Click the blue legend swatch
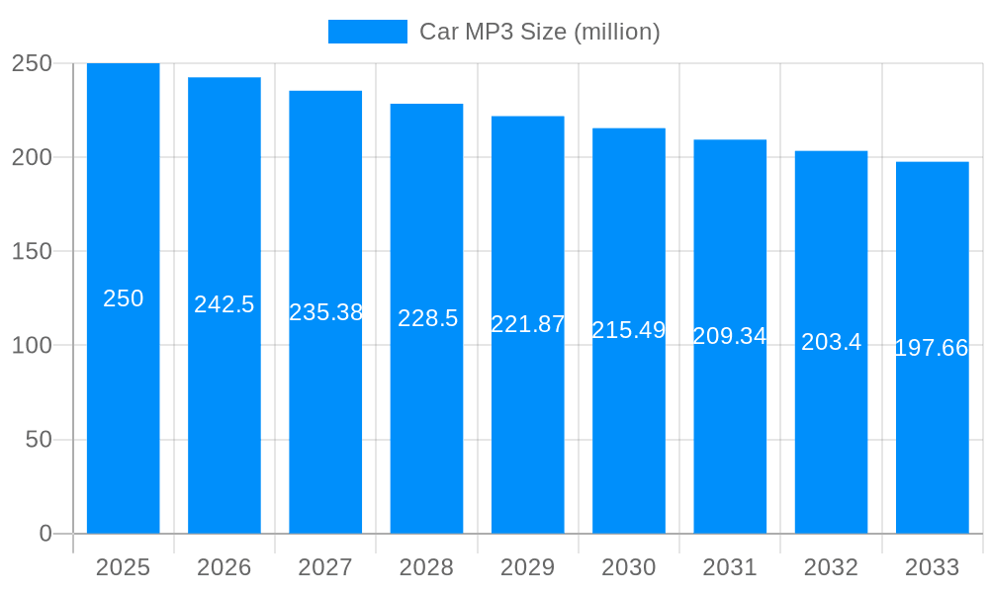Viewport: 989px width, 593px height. point(367,32)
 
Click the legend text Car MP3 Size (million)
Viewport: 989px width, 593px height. point(539,32)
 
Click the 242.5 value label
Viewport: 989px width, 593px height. point(225,304)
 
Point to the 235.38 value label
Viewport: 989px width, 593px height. point(325,312)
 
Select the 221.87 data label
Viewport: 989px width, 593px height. point(528,324)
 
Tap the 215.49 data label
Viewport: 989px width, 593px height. point(629,330)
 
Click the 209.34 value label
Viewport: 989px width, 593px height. point(730,336)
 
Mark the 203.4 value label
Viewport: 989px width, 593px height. point(831,342)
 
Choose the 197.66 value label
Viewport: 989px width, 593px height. point(932,348)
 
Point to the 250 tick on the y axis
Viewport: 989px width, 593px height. point(32,63)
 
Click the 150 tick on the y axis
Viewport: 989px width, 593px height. point(32,251)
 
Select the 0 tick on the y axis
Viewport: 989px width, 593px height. point(45,534)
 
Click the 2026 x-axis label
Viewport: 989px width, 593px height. point(225,567)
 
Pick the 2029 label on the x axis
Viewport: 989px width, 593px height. point(528,567)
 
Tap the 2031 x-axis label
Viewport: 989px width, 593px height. point(730,567)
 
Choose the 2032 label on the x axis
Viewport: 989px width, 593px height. point(831,567)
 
